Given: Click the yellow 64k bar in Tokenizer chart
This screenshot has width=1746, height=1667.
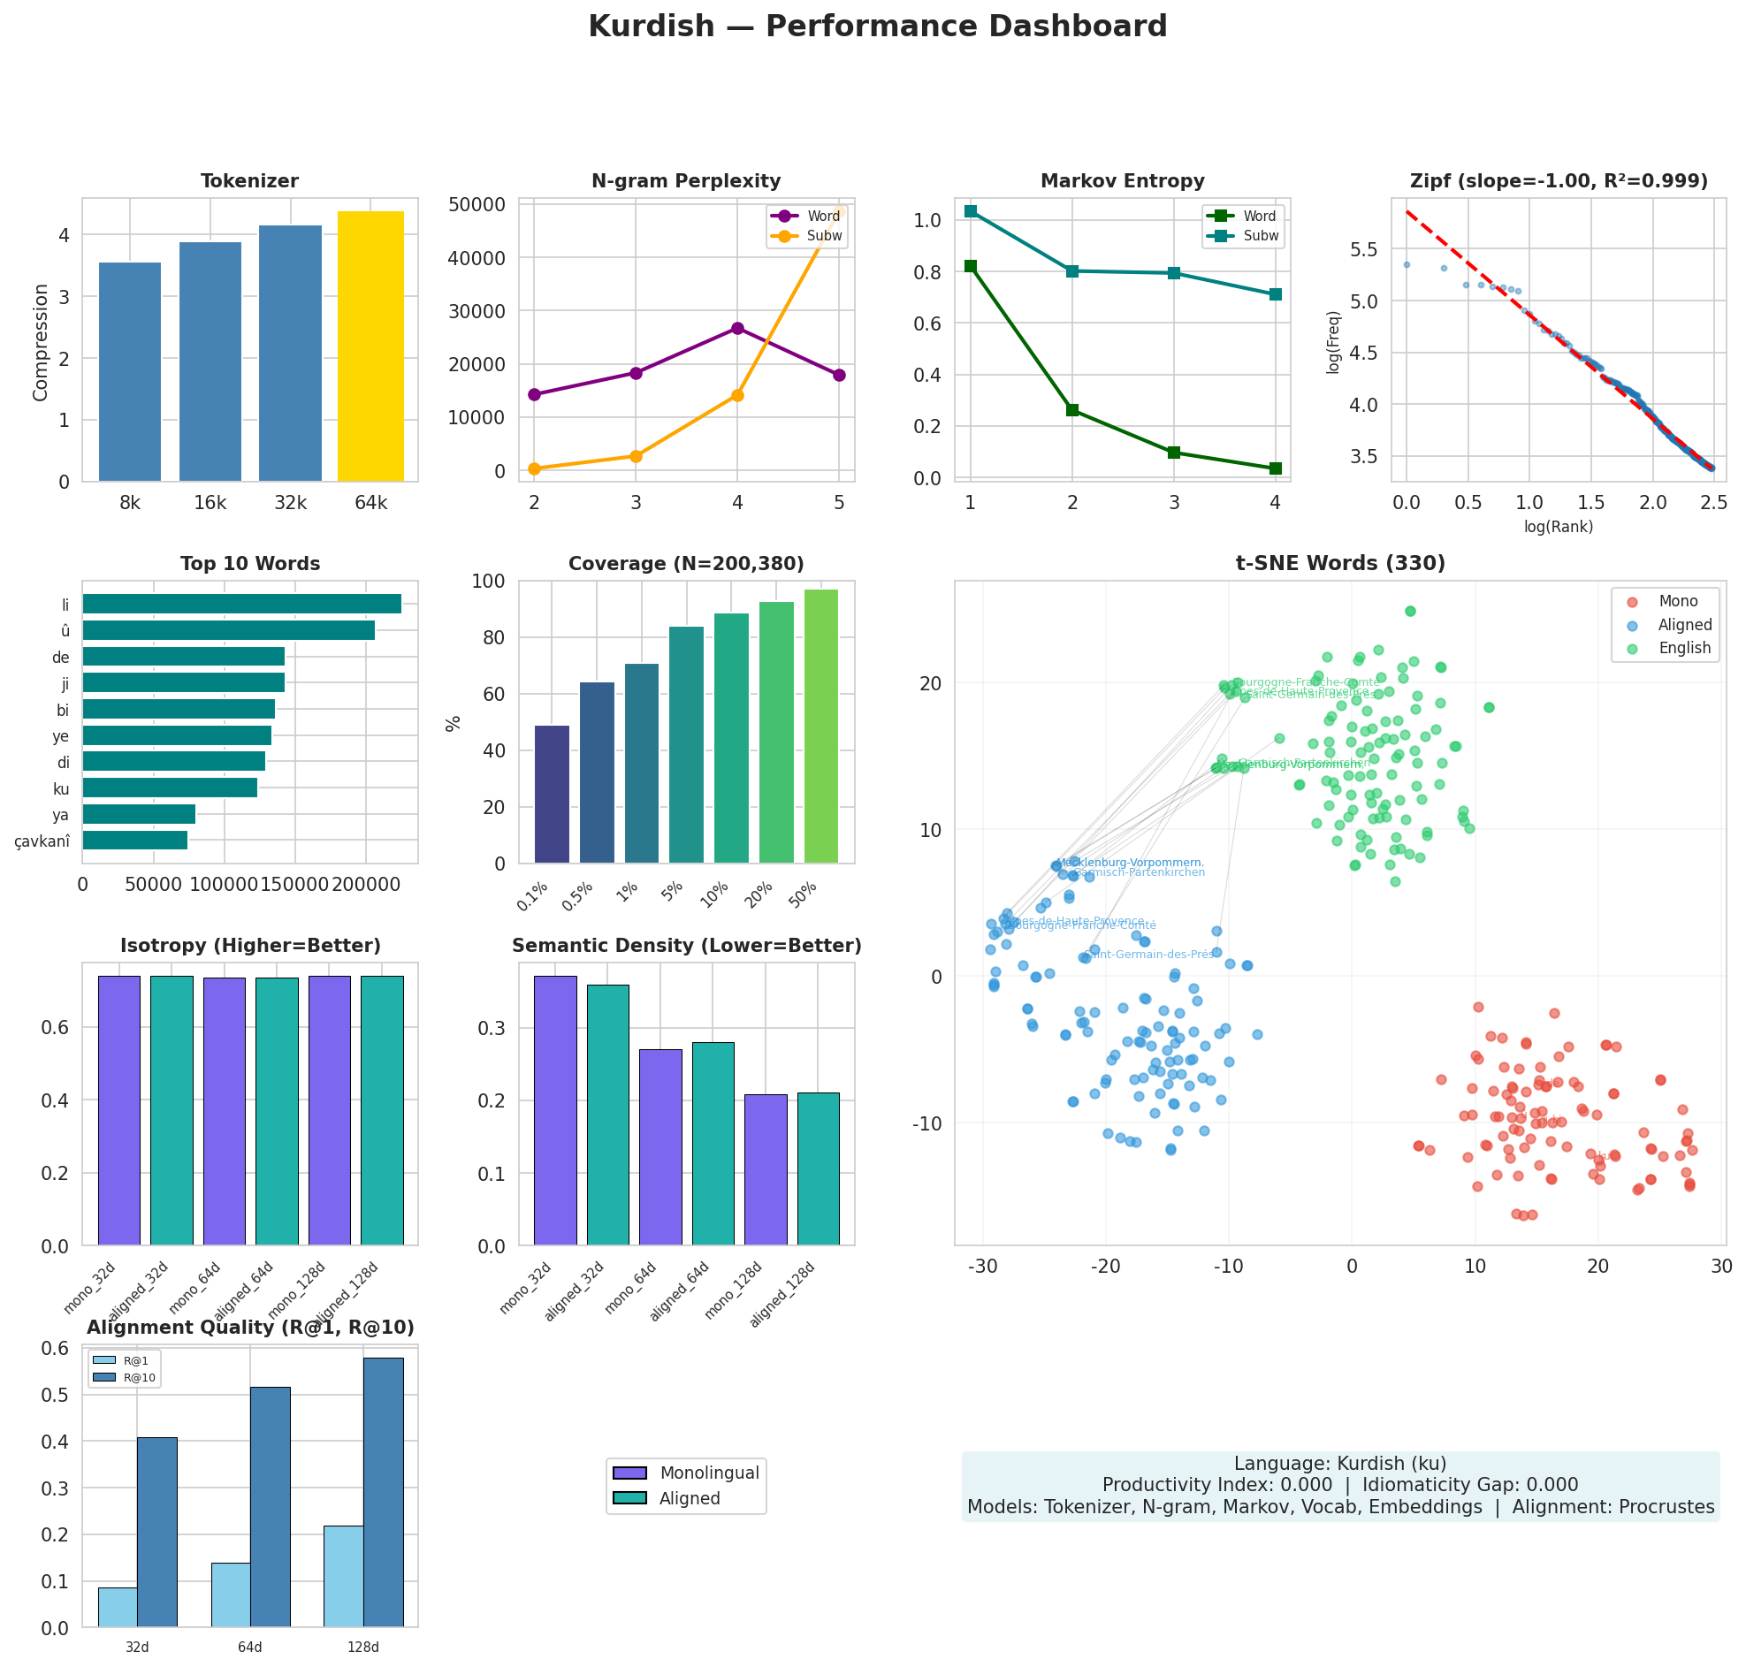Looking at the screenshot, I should tap(370, 346).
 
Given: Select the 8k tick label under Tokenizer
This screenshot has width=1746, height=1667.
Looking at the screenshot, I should tap(130, 503).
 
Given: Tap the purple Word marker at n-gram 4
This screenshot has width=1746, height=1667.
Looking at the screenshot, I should tap(736, 328).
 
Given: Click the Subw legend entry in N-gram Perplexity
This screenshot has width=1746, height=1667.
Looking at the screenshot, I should tap(824, 235).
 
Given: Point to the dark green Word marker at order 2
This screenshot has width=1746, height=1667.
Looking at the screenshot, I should tap(1071, 409).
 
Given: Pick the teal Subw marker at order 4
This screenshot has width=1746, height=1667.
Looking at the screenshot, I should tap(1274, 294).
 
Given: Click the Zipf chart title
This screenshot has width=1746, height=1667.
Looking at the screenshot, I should tap(1558, 181).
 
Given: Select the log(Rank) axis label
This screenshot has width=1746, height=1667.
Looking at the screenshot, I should tap(1558, 526).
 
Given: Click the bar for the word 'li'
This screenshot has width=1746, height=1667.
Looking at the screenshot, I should tap(241, 605).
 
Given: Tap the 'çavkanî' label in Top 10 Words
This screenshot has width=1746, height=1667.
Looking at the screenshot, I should tap(42, 841).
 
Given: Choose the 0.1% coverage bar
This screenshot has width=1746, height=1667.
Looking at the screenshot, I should tap(552, 794).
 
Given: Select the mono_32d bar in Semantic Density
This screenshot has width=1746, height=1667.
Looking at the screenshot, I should tap(554, 1110).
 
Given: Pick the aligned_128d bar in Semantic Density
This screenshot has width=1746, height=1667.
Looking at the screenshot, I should tap(818, 1168).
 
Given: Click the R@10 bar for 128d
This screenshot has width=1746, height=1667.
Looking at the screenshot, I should tap(383, 1492).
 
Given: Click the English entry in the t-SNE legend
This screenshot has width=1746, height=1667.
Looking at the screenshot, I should tap(1683, 648).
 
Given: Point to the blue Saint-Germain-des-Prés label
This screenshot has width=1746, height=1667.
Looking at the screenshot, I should tap(1152, 955).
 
